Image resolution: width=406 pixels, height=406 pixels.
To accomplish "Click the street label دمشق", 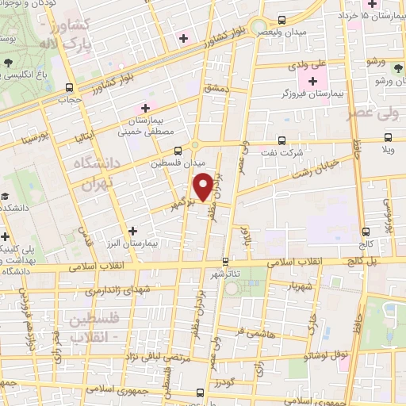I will pos(216,90).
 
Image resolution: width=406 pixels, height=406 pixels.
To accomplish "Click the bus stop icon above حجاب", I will pos(70,88).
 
